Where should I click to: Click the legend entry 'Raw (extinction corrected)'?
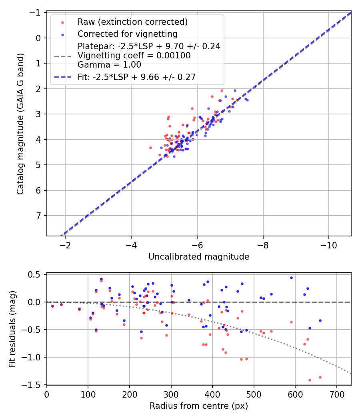132,22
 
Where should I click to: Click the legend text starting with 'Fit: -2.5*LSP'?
136,77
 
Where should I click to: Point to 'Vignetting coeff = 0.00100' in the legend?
134,56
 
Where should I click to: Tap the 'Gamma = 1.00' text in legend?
109,65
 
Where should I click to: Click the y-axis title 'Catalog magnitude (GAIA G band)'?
20,124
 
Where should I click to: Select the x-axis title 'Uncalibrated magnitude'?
199,257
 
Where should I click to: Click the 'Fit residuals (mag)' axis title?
12,329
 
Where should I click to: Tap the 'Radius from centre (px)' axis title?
199,406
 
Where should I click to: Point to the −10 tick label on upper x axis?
329,245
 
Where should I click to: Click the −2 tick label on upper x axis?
65,245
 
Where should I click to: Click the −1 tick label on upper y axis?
36,13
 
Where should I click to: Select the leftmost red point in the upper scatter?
150,148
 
